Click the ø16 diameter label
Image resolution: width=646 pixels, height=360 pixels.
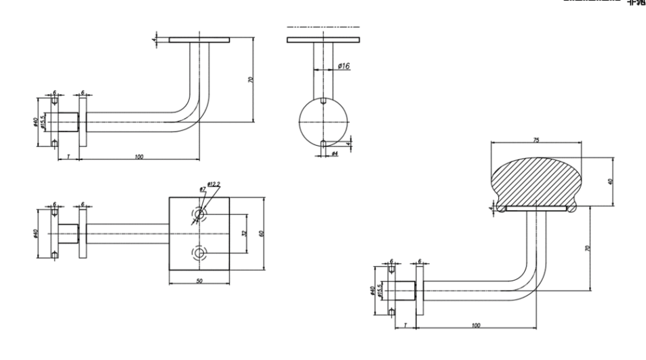pos(343,66)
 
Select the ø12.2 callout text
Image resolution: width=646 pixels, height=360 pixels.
pos(215,184)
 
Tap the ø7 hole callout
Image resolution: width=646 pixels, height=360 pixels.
pos(202,189)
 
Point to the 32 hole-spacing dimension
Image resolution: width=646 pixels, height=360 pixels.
pos(243,233)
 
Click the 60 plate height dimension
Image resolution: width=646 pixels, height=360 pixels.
pos(261,233)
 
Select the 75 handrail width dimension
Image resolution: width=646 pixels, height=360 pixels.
pos(536,140)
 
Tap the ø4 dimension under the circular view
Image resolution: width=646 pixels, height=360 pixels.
pos(334,155)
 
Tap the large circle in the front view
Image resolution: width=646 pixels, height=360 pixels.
pos(324,122)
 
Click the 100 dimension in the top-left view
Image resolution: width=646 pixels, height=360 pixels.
pos(139,157)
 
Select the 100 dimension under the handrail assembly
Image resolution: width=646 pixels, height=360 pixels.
pos(476,325)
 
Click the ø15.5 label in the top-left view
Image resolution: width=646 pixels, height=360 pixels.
pos(43,122)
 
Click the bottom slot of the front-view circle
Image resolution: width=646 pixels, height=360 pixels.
pos(324,143)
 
